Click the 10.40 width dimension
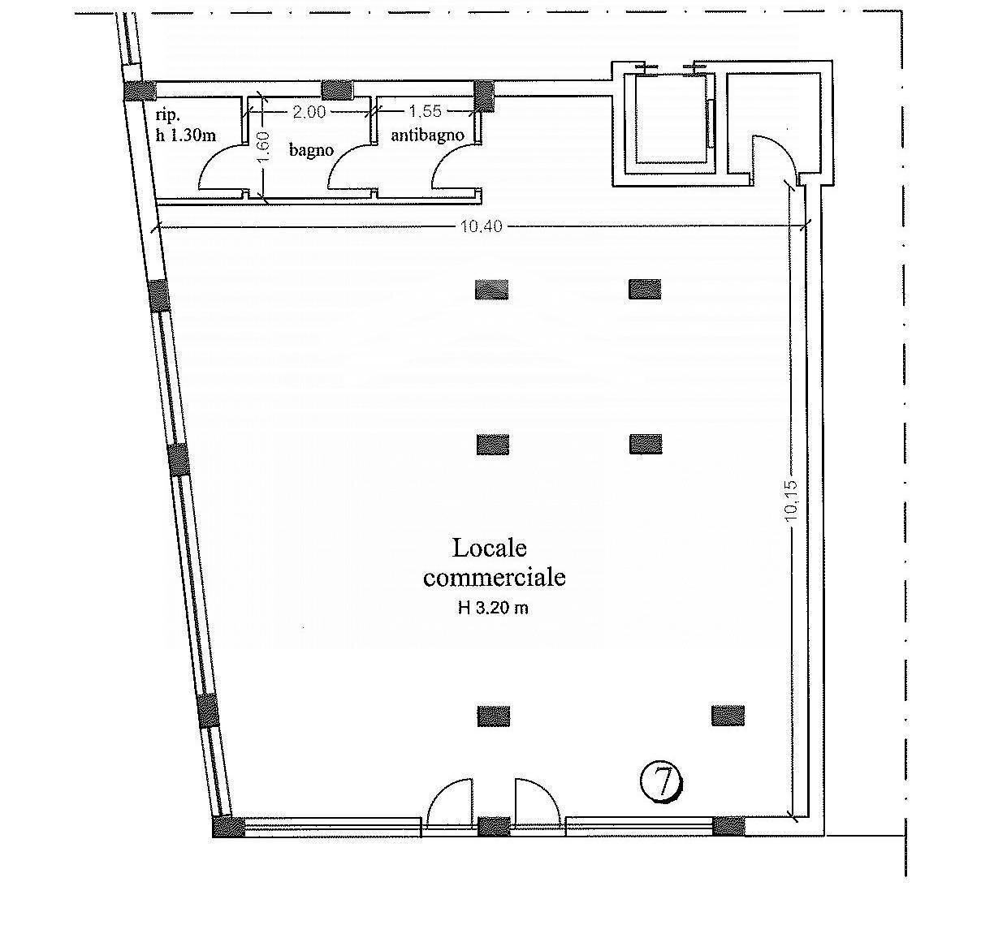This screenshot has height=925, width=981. coord(482,226)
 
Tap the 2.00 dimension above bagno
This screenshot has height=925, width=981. coord(309,112)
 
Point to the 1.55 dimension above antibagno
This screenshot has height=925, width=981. coord(425,112)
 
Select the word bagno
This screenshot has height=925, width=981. coord(312,150)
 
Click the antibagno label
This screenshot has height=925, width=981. coord(427,136)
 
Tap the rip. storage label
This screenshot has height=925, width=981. coord(166,114)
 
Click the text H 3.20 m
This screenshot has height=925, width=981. coord(493,608)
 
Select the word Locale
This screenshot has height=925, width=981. coord(490,548)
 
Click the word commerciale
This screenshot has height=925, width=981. coord(494,577)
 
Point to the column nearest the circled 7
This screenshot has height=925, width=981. coord(728,715)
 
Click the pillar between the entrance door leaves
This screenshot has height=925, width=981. coord(494,827)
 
